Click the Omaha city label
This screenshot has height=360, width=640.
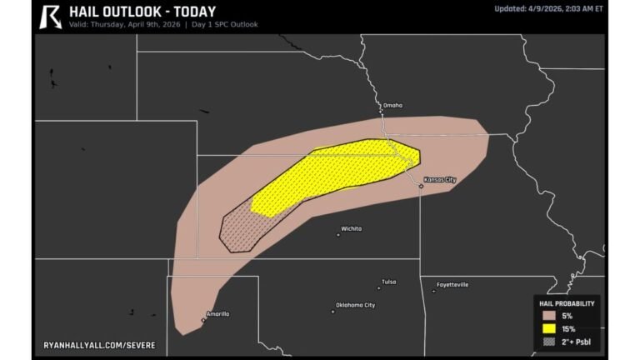(x=392, y=105)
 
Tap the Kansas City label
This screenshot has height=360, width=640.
(x=440, y=179)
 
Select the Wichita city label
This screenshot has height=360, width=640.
(x=351, y=227)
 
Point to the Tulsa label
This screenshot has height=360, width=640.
(x=388, y=282)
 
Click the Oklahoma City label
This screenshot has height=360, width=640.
(x=355, y=305)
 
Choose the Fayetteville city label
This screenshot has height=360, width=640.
(x=452, y=284)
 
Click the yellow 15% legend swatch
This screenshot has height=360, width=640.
(x=548, y=328)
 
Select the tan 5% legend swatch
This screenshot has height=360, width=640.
(x=548, y=316)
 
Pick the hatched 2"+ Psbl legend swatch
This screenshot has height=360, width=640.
(x=548, y=341)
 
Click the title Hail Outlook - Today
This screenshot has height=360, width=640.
(x=142, y=12)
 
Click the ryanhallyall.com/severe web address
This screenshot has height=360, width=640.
(x=99, y=344)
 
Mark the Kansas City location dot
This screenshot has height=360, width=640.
(x=421, y=187)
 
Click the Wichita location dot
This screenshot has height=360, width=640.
(x=337, y=234)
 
